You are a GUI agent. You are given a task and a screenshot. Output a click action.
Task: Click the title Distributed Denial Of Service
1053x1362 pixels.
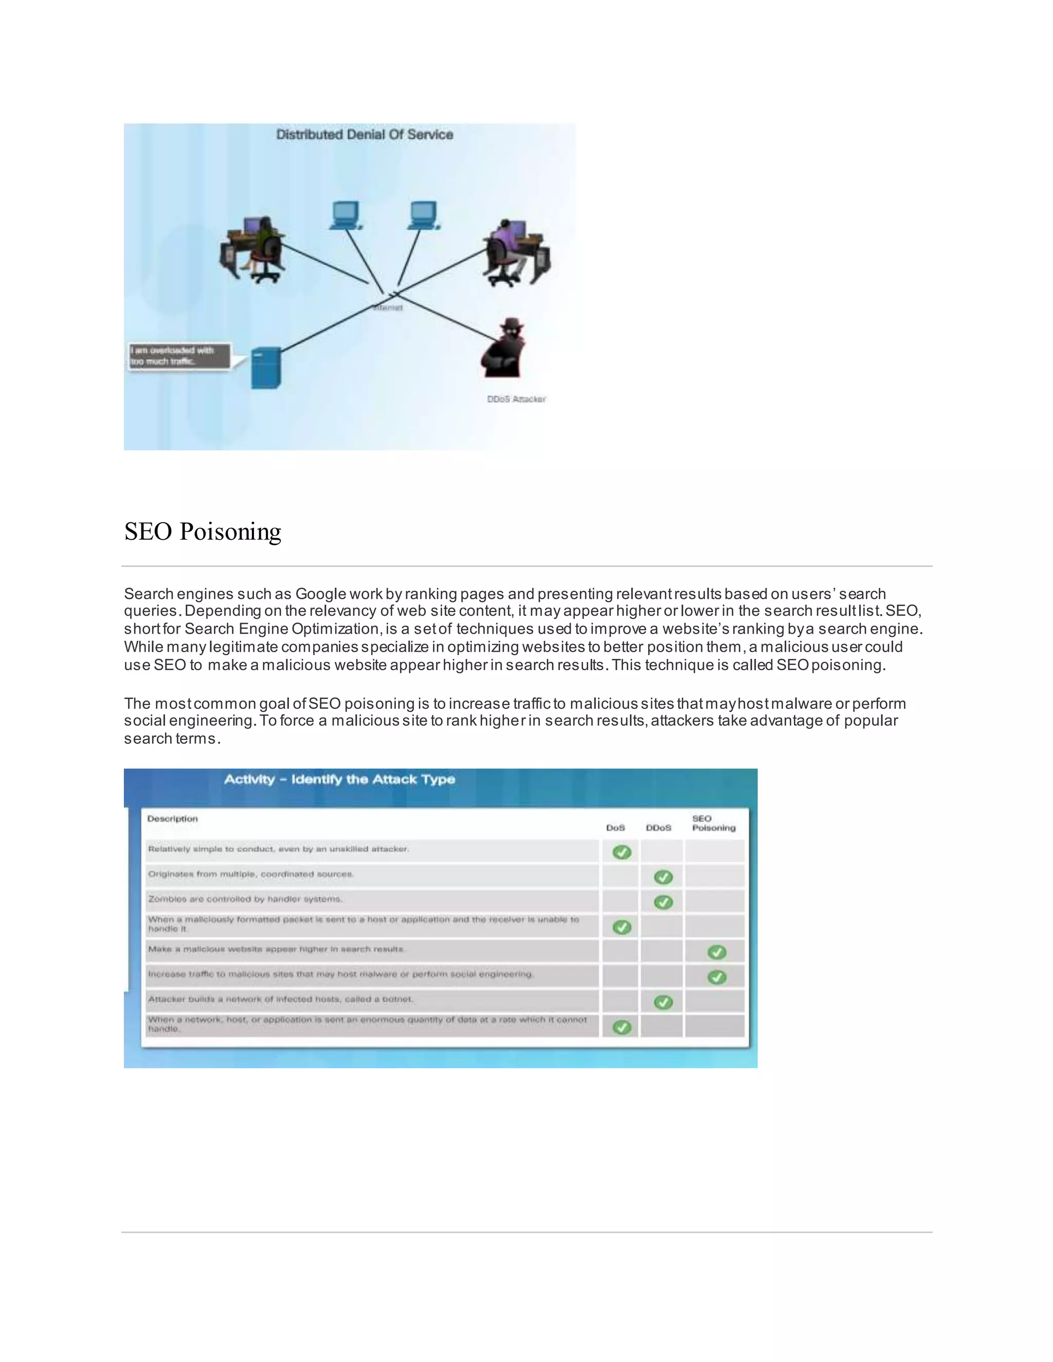click(365, 135)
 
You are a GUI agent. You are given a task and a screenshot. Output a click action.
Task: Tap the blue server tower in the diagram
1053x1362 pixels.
click(266, 368)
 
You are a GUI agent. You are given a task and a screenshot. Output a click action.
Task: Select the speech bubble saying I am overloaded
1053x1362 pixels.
click(178, 356)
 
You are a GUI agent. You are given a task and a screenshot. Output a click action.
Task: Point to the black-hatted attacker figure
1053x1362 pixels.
click(504, 349)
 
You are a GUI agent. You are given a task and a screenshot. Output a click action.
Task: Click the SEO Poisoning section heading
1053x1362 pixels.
click(203, 531)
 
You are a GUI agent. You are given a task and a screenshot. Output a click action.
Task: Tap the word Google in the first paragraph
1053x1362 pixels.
click(321, 594)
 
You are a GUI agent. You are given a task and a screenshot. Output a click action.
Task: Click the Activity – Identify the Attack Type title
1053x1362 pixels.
click(339, 780)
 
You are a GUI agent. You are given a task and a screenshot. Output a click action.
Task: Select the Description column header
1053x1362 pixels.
click(172, 819)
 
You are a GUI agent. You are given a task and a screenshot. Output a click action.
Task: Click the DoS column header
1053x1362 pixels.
click(615, 827)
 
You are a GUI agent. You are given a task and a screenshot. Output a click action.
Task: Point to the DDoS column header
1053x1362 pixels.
click(658, 827)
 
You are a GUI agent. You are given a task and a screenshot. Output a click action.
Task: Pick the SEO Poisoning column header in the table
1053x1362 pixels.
click(714, 823)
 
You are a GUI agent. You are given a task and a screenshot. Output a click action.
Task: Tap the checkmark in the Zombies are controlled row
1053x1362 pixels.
click(663, 902)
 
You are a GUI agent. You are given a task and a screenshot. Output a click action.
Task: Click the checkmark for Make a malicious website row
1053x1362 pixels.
click(717, 952)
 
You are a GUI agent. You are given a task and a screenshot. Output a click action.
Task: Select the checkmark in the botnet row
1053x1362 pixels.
click(663, 1002)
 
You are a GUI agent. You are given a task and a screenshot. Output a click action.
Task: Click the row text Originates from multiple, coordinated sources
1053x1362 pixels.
click(251, 874)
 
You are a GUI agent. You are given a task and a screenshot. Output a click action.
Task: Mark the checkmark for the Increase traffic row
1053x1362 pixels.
click(717, 977)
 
